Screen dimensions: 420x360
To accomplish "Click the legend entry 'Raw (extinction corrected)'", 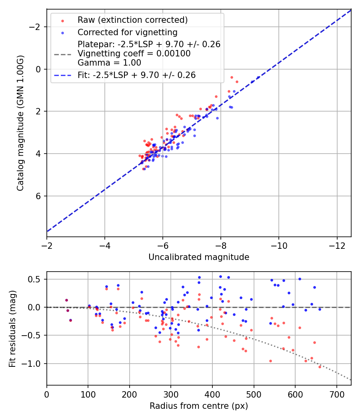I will pyautogui.click(x=132, y=20).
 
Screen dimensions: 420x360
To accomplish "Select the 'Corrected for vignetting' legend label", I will pyautogui.click(x=127, y=32).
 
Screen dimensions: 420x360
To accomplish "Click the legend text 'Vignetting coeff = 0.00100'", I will pyautogui.click(x=134, y=54).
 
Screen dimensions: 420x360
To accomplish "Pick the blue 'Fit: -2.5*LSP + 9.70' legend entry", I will pyautogui.click(x=136, y=75).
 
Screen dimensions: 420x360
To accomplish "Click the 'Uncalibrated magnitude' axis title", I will pyautogui.click(x=199, y=257).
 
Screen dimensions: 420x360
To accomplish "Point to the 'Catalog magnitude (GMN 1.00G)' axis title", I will pyautogui.click(x=20, y=123).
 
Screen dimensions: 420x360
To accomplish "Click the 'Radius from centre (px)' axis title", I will pyautogui.click(x=199, y=406).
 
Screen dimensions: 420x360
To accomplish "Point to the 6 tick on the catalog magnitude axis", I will pyautogui.click(x=39, y=196).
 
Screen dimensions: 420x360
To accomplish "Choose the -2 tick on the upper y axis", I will pyautogui.click(x=36, y=27).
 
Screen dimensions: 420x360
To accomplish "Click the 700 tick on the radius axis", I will pyautogui.click(x=336, y=394).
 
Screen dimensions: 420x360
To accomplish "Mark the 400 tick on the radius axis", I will pyautogui.click(x=212, y=394).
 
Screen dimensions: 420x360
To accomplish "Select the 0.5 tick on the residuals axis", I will pyautogui.click(x=36, y=279).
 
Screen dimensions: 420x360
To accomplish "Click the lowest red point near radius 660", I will pyautogui.click(x=320, y=367).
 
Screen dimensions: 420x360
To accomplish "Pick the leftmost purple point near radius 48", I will pyautogui.click(x=66, y=300).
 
